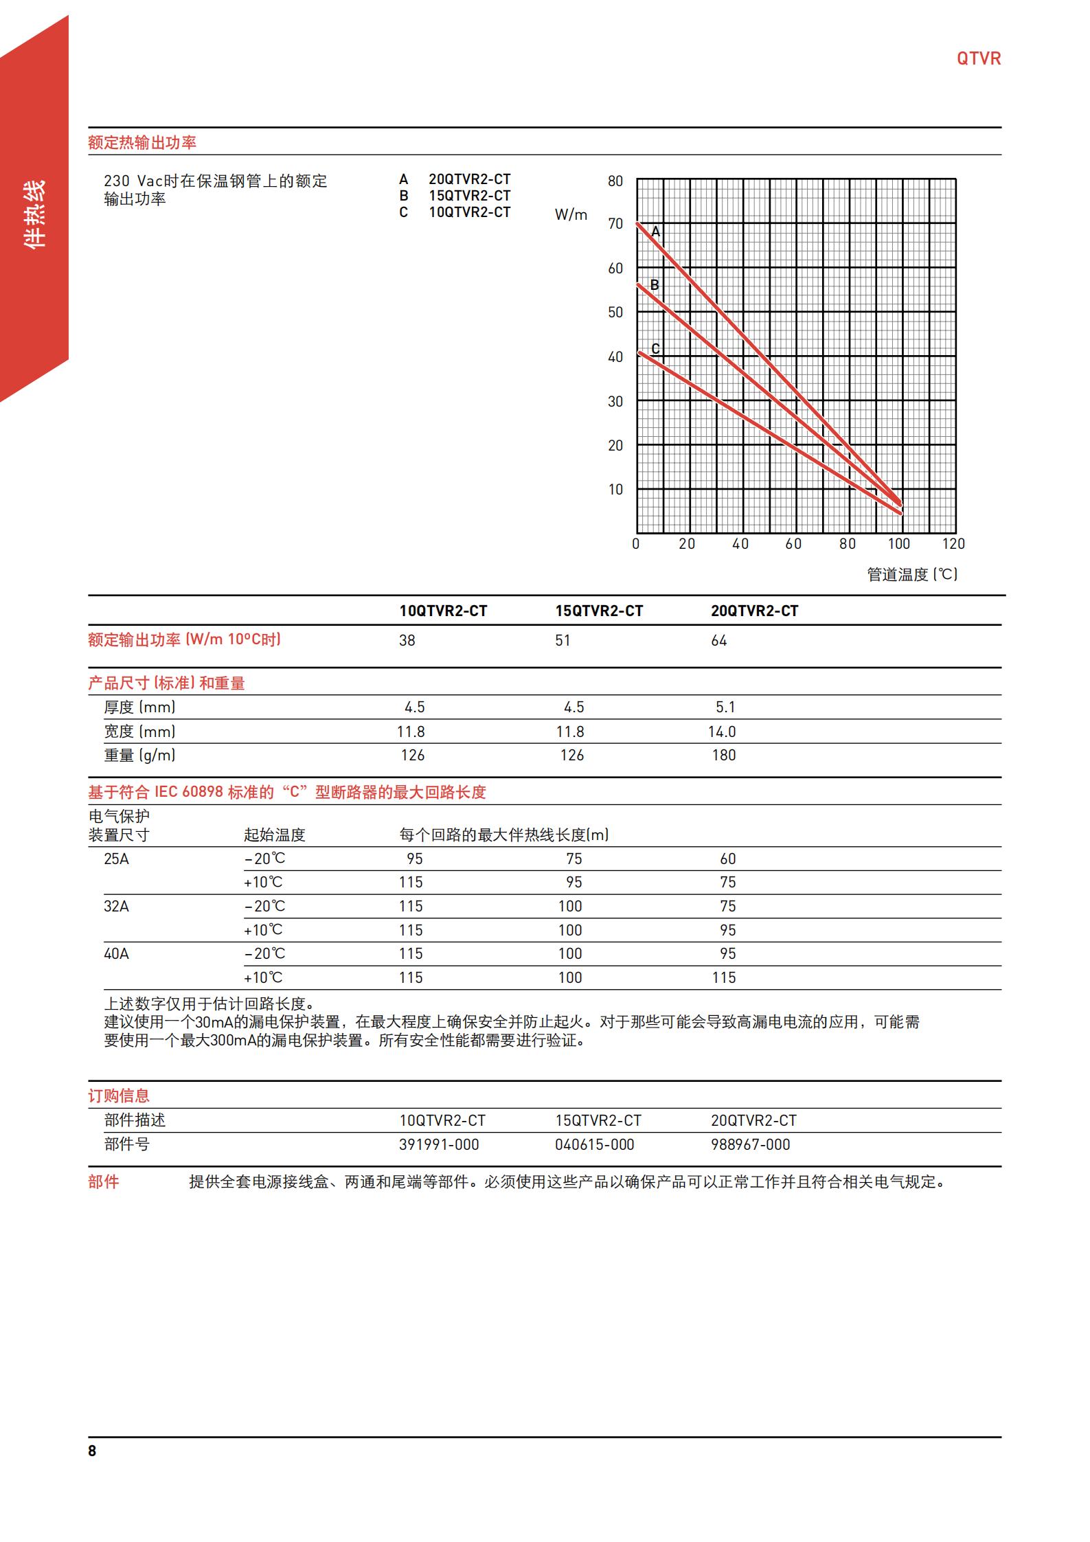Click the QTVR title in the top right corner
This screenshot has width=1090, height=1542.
tap(978, 58)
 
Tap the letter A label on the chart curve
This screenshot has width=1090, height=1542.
tap(655, 232)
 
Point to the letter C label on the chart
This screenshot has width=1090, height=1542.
tap(655, 349)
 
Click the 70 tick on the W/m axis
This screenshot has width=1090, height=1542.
tap(615, 224)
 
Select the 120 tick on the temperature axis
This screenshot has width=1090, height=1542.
tap(953, 544)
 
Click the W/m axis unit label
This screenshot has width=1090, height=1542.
tap(571, 215)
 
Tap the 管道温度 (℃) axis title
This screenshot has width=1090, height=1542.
tap(912, 574)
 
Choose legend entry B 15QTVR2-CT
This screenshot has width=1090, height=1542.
tap(455, 196)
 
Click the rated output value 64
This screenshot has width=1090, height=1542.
tap(718, 641)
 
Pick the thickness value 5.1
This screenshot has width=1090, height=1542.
tap(725, 707)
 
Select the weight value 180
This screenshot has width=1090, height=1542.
tap(723, 756)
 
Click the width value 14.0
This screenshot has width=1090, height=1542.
tap(722, 732)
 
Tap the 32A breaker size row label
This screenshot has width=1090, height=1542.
tap(116, 907)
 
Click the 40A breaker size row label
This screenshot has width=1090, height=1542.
tap(116, 954)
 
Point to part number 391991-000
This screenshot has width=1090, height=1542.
tap(439, 1145)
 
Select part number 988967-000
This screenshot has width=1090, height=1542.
tap(750, 1145)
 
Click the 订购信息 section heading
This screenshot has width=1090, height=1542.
tap(119, 1096)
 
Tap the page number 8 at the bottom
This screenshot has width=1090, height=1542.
tap(92, 1451)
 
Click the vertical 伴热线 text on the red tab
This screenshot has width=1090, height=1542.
tap(34, 214)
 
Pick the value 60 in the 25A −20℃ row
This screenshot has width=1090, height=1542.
tap(727, 859)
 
